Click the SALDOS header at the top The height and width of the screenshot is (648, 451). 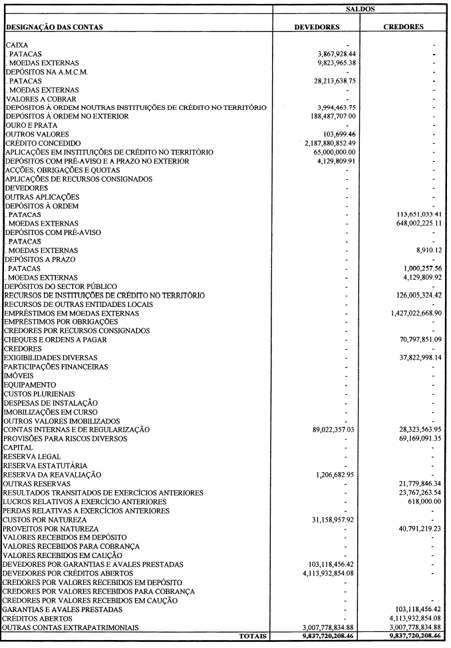tap(361, 9)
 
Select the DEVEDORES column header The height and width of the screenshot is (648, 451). tap(317, 27)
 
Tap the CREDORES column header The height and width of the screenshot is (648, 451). tap(405, 27)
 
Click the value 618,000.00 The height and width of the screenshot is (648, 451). tap(420, 501)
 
